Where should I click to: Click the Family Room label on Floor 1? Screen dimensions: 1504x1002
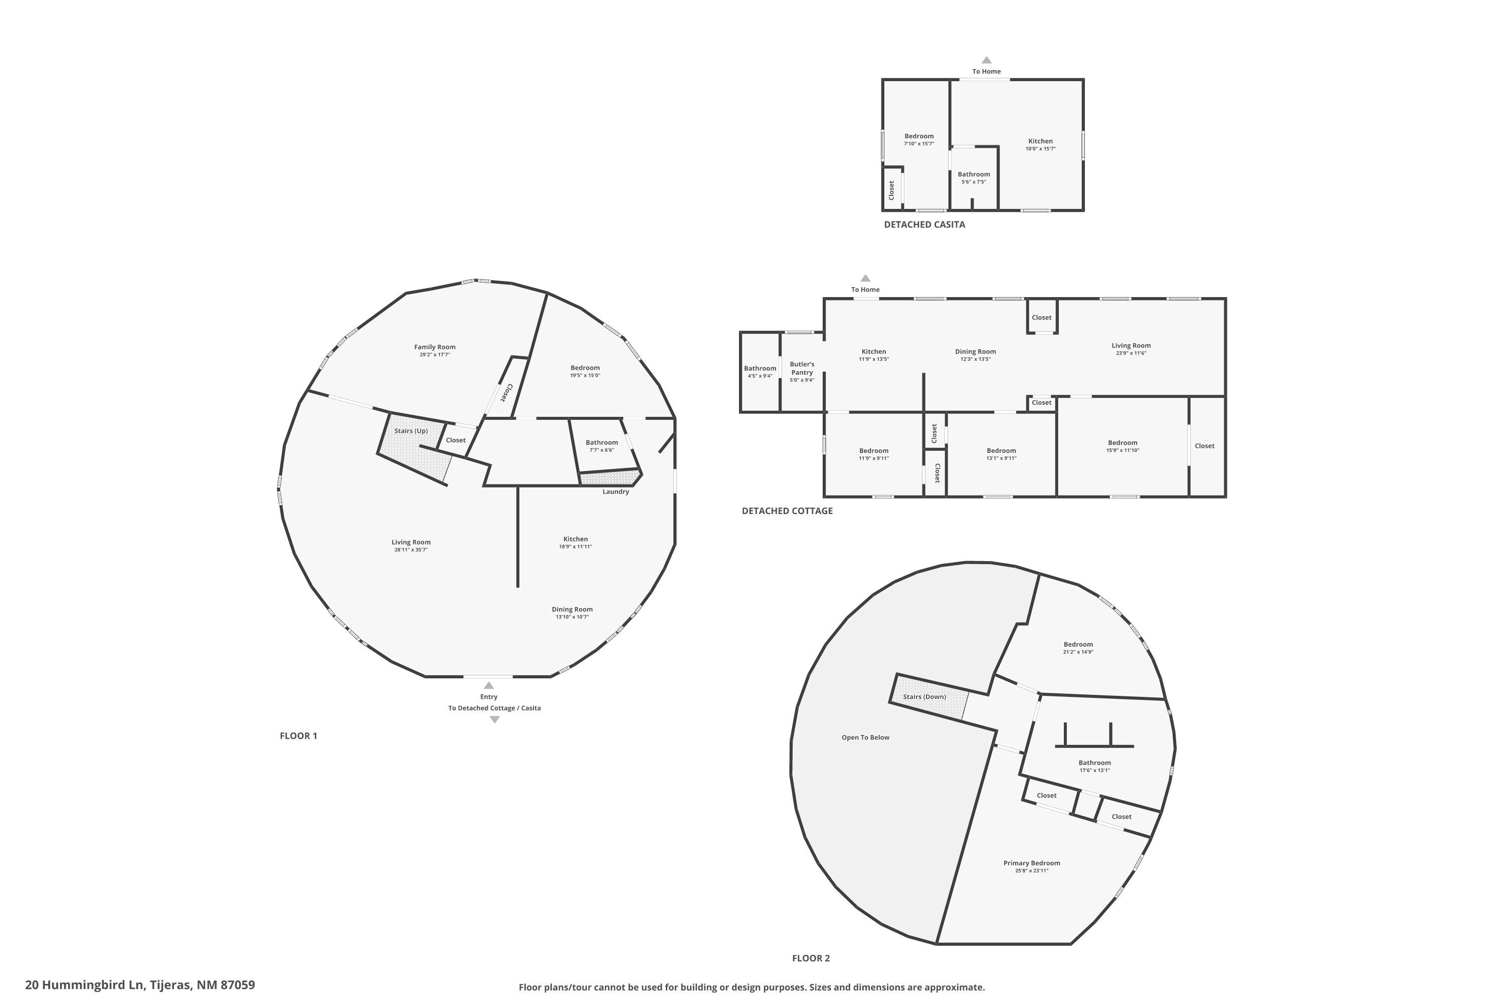(x=435, y=347)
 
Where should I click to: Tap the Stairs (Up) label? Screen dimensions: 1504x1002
(x=411, y=431)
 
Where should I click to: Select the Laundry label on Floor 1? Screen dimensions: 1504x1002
(x=616, y=491)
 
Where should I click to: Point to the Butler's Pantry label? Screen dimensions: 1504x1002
(x=802, y=368)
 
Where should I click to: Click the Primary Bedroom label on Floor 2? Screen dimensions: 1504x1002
(x=1031, y=863)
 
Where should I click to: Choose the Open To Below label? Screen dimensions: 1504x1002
(x=865, y=737)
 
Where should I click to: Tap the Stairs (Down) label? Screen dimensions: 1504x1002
(x=924, y=696)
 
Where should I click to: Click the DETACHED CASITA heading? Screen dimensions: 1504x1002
(x=924, y=224)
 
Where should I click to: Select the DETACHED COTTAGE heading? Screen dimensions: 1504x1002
(x=787, y=511)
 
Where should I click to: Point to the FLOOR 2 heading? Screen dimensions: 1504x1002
(x=811, y=958)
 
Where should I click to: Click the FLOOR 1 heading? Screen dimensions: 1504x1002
(x=298, y=735)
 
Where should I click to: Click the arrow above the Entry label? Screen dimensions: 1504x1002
(x=489, y=685)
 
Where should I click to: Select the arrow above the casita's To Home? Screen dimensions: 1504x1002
(x=986, y=60)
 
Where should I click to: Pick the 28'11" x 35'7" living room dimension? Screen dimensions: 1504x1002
(x=411, y=550)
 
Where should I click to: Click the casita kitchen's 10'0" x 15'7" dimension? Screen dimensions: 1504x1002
(x=1040, y=149)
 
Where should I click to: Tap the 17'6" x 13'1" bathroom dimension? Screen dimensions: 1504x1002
(x=1095, y=770)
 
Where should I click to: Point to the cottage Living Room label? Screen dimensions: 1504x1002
(x=1131, y=346)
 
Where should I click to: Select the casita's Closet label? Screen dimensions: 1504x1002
(x=891, y=190)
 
